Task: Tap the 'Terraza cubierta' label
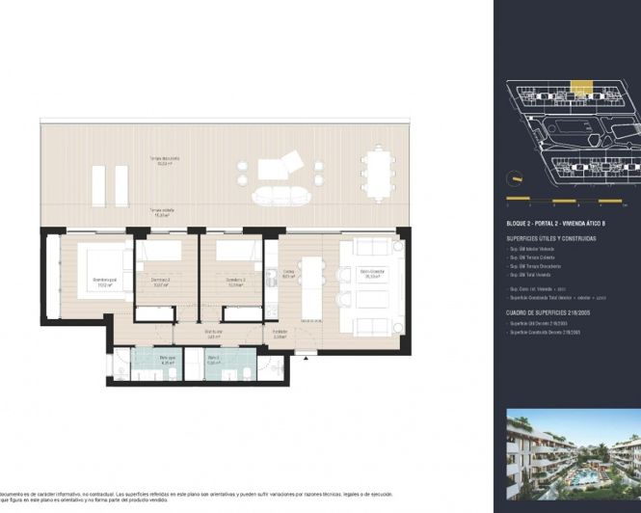coord(160,211)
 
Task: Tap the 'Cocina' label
coord(288,274)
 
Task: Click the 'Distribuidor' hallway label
coord(214,335)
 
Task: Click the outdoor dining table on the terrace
coord(377,171)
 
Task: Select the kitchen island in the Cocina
coord(310,286)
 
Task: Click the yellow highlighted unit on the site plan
coord(580,88)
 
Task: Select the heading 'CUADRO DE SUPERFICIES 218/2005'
coord(546,313)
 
